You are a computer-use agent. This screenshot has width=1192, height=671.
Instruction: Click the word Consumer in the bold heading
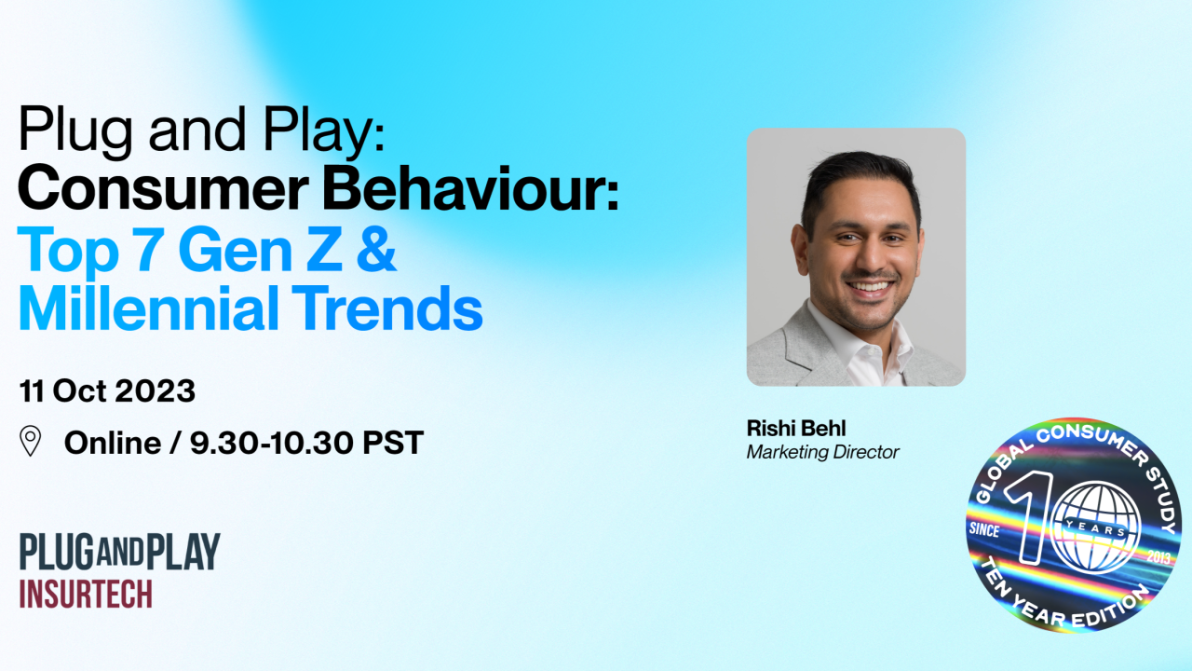click(x=163, y=188)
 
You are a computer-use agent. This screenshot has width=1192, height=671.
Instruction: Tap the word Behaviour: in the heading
click(x=471, y=188)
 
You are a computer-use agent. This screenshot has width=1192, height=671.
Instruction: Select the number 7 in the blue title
click(x=148, y=249)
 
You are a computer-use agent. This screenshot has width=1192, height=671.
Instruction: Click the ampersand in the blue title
click(x=376, y=249)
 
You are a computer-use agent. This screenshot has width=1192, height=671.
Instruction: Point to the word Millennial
click(x=148, y=308)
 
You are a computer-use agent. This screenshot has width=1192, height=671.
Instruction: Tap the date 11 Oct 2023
click(x=107, y=390)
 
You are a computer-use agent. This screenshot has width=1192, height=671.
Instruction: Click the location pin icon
click(x=31, y=441)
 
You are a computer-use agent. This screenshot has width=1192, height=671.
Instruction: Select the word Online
click(x=113, y=443)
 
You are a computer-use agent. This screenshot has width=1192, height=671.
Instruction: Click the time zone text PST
click(x=393, y=443)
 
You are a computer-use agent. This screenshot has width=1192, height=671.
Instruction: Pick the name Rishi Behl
click(x=796, y=428)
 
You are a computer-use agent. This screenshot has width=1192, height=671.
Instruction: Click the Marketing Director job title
click(x=822, y=452)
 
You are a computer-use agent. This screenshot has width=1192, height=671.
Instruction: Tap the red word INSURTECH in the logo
click(x=86, y=594)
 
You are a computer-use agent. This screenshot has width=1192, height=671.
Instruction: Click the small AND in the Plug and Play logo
click(x=121, y=552)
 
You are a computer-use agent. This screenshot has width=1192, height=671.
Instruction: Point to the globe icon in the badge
click(x=1096, y=528)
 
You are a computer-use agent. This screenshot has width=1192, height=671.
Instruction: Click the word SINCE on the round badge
click(x=984, y=530)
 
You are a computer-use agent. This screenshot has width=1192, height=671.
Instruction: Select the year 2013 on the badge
click(x=1158, y=557)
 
